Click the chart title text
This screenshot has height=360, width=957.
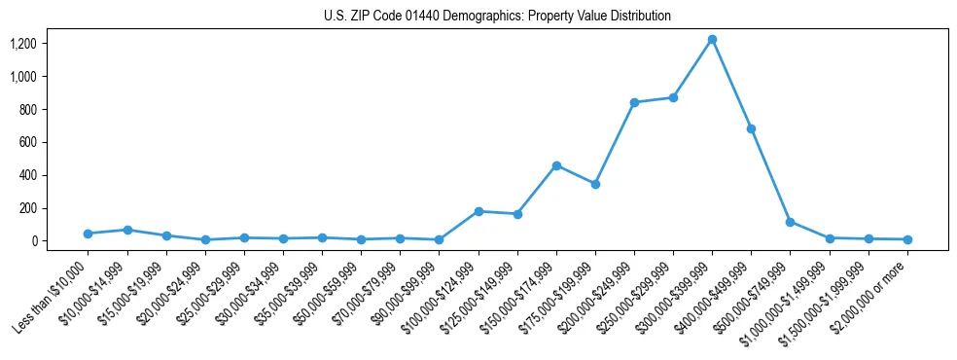(497, 17)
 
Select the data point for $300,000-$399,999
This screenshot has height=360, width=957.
(712, 39)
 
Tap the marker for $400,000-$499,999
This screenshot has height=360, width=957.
(751, 128)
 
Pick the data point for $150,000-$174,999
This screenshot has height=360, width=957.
(556, 165)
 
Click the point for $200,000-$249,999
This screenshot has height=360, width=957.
(634, 102)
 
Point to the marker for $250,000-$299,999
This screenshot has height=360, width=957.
(673, 97)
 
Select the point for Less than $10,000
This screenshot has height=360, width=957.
(88, 234)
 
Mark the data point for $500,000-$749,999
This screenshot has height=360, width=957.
(790, 222)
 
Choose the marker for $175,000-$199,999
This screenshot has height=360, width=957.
(595, 184)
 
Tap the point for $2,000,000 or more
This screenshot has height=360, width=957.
(907, 239)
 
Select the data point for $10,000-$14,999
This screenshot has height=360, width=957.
(126, 230)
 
